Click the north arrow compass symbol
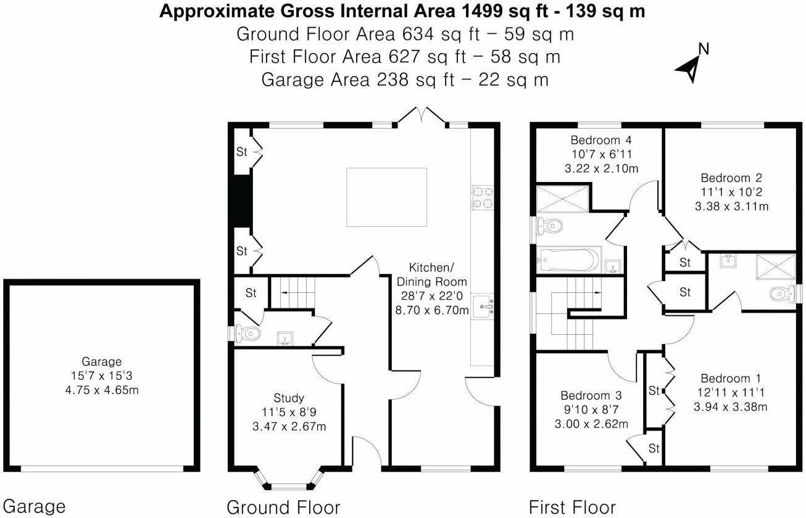[689, 67]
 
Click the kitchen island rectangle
[386, 197]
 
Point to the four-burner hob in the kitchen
[481, 197]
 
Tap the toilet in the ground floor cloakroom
[248, 334]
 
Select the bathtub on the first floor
[568, 260]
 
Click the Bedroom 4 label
[596, 139]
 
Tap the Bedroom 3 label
[591, 395]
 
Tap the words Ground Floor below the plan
[283, 508]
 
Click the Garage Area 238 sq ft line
[405, 80]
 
